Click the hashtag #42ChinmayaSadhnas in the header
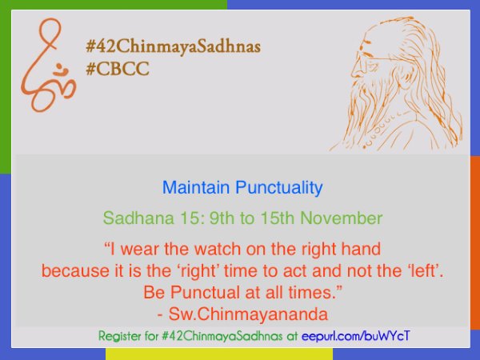click(174, 47)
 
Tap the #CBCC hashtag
click(118, 68)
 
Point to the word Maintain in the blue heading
click(196, 187)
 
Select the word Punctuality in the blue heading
click(279, 188)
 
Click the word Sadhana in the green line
click(138, 218)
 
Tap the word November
click(342, 218)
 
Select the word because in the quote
click(75, 270)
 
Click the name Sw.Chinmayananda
click(248, 314)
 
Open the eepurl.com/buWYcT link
click(355, 336)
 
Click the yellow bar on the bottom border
click(219, 354)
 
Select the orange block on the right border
click(475, 242)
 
